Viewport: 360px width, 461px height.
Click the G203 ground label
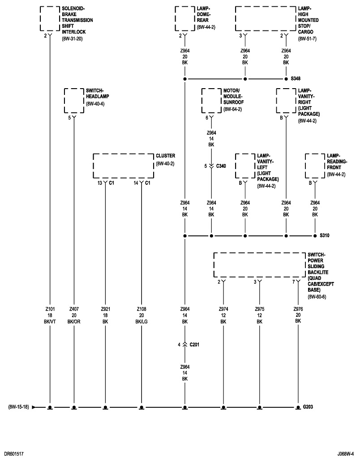pos(309,407)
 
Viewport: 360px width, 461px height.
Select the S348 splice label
pos(296,79)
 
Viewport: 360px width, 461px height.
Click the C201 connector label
pos(195,345)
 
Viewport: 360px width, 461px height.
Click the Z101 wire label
pos(50,309)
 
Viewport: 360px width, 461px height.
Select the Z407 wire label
pos(74,309)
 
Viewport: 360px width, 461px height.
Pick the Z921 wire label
pos(105,309)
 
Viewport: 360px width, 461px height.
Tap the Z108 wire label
pos(141,309)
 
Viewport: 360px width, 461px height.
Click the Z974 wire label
pos(223,309)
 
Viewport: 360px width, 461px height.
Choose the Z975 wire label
pos(259,309)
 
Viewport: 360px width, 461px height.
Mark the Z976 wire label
pos(298,309)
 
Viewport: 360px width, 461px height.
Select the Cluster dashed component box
pos(123,166)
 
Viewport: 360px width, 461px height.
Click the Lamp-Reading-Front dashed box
pos(314,166)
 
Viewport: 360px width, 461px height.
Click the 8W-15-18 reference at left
pos(18,407)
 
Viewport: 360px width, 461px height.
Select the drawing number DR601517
pos(14,454)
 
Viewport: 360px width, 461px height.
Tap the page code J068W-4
pos(347,454)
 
